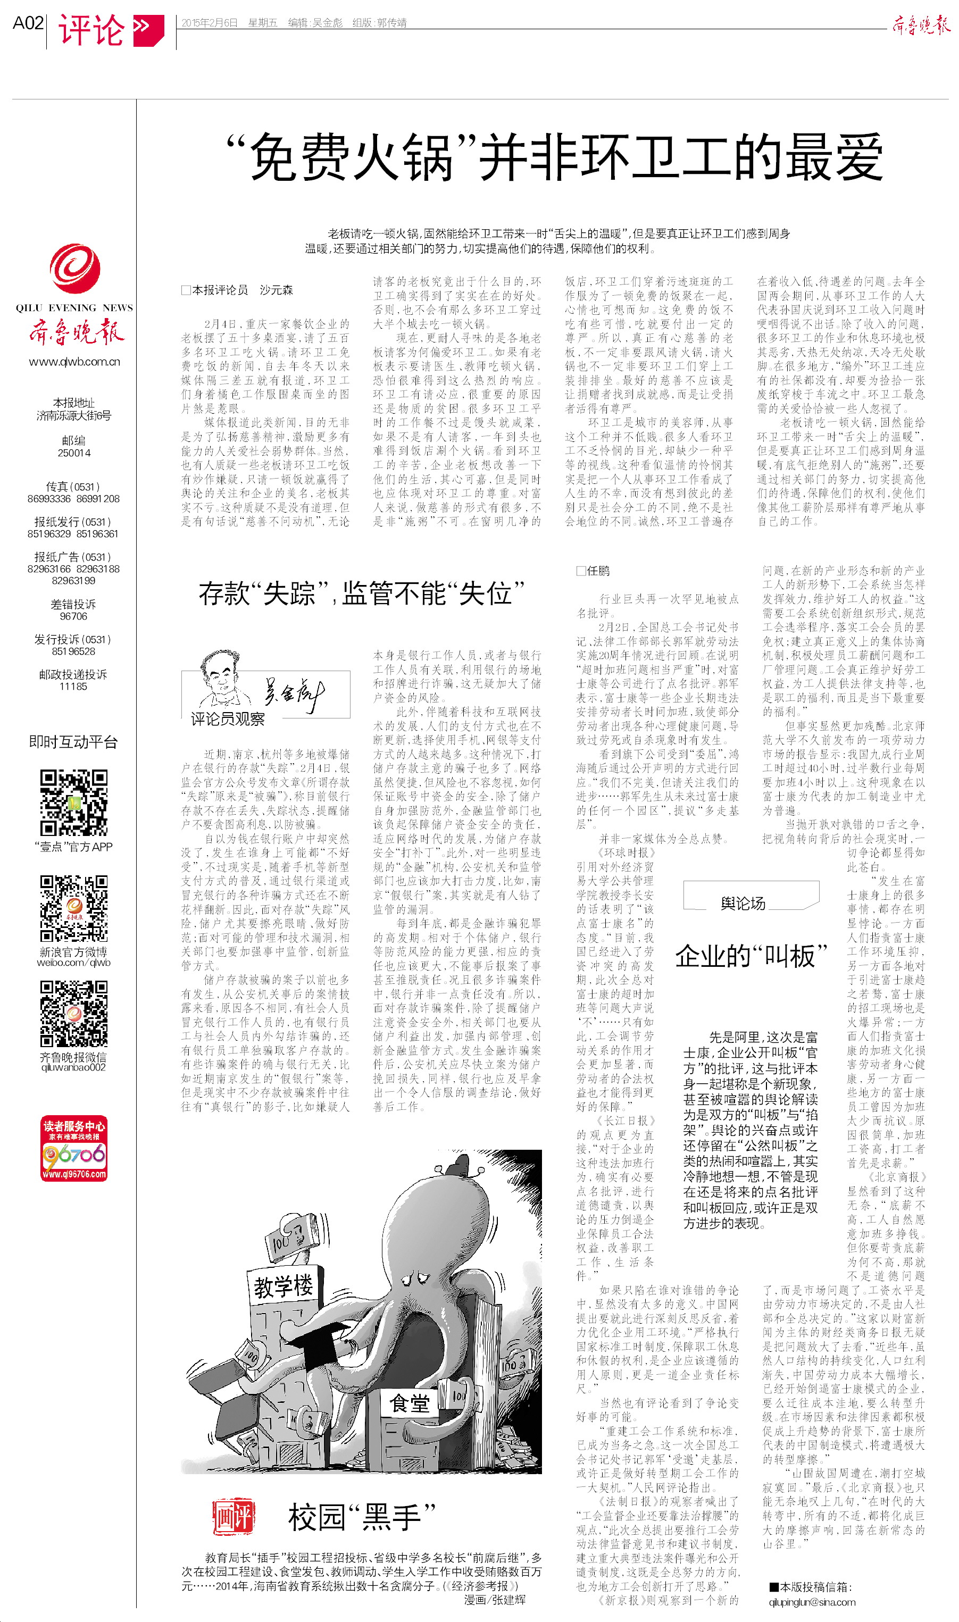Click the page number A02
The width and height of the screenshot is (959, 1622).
click(x=28, y=23)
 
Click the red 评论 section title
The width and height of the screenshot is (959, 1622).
click(x=91, y=30)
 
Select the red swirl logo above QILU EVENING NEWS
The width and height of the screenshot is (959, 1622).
click(x=75, y=269)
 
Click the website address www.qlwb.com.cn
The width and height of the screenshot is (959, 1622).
click(x=74, y=362)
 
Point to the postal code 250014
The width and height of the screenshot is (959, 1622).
click(x=74, y=453)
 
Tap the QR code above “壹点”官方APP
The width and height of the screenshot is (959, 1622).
click(x=74, y=803)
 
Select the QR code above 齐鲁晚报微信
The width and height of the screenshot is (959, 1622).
click(x=74, y=1014)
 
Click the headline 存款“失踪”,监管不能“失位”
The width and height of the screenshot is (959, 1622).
click(x=361, y=593)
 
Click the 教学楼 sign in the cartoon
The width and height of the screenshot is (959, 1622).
click(x=283, y=1287)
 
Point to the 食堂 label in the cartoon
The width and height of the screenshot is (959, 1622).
click(x=410, y=1403)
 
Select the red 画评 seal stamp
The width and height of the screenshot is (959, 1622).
click(x=234, y=1517)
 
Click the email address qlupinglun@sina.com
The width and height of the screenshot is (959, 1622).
click(x=812, y=1602)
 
